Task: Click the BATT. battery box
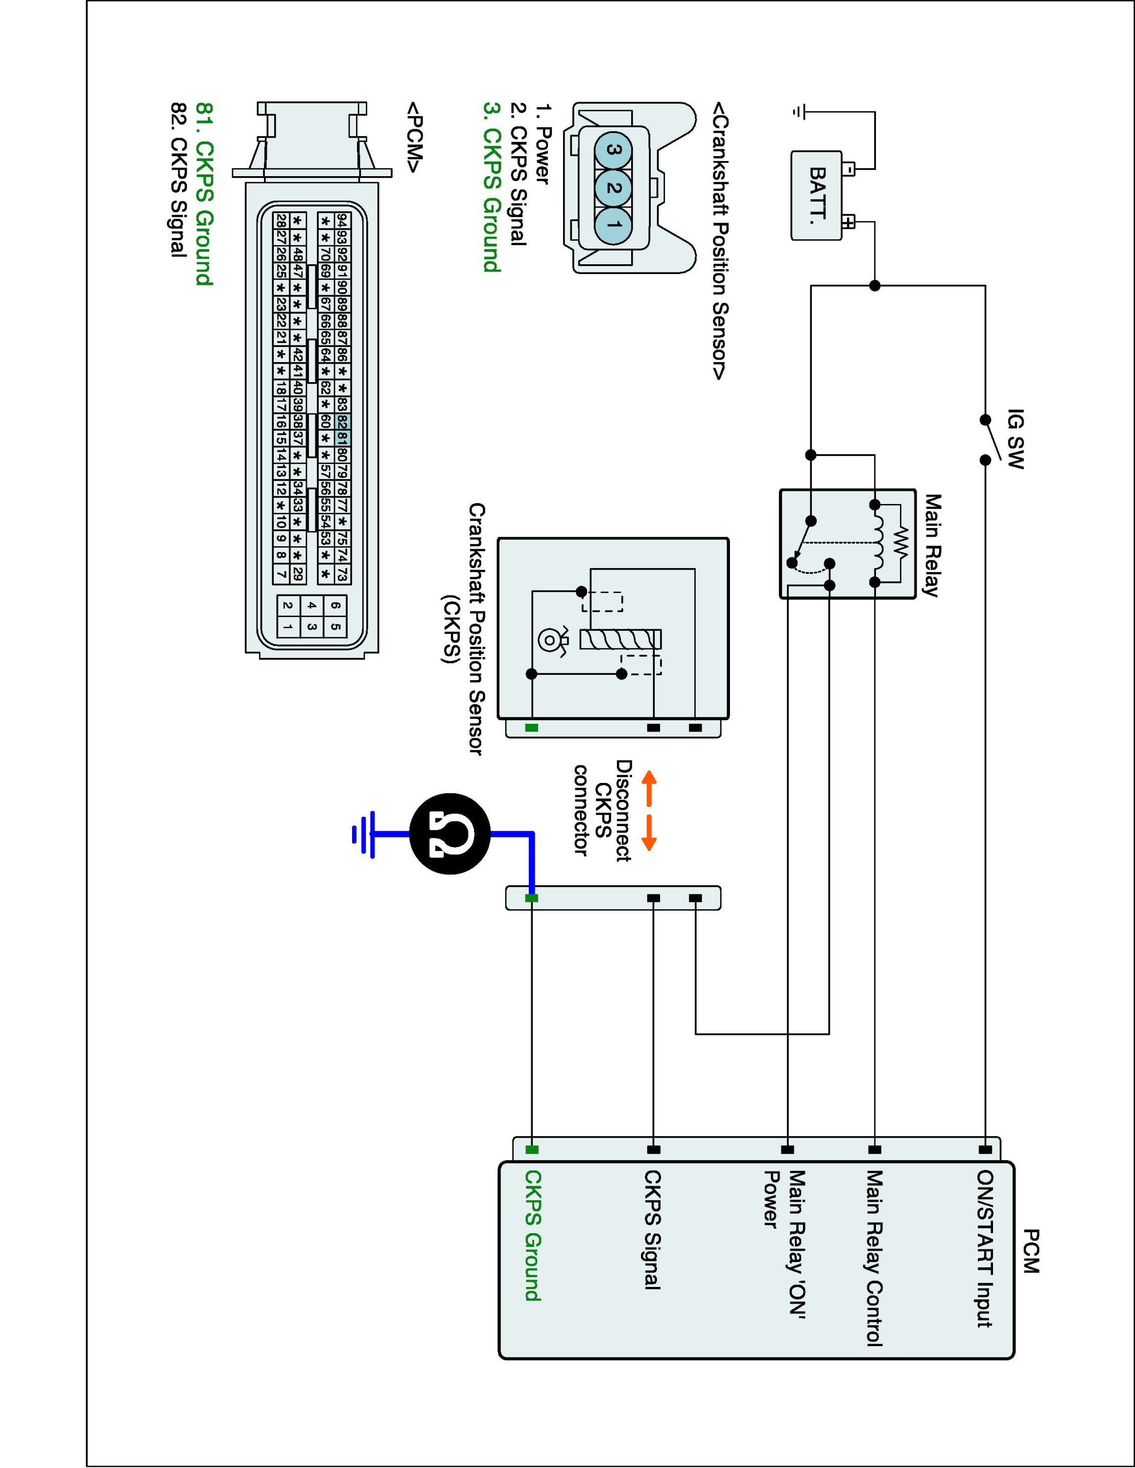point(816,195)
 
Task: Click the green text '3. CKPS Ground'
point(492,187)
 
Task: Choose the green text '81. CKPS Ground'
point(204,194)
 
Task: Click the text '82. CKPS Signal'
point(178,180)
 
